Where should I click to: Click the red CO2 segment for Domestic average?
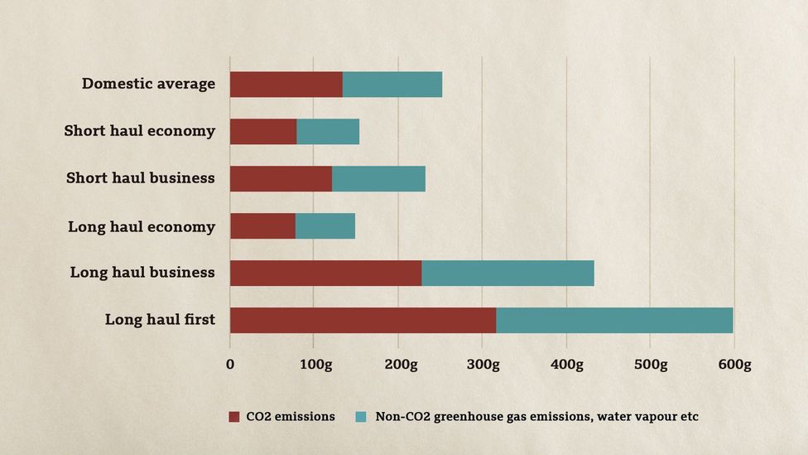(286, 85)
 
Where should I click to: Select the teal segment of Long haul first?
(613, 321)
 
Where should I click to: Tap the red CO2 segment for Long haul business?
(325, 273)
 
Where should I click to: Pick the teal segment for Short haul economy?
(328, 132)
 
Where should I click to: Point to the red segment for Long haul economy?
(262, 226)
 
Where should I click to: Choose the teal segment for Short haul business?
(378, 179)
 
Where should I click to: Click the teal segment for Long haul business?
(507, 273)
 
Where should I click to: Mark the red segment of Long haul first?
(363, 321)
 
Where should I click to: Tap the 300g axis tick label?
(482, 365)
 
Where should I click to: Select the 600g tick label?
(734, 365)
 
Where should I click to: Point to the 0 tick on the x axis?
(230, 365)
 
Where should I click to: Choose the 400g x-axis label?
(566, 365)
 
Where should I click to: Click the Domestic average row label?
(148, 84)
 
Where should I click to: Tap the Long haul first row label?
(160, 320)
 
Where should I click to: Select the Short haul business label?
(141, 178)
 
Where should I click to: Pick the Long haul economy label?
(142, 226)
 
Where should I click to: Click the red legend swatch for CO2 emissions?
(234, 417)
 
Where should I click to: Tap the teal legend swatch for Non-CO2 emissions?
(361, 417)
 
